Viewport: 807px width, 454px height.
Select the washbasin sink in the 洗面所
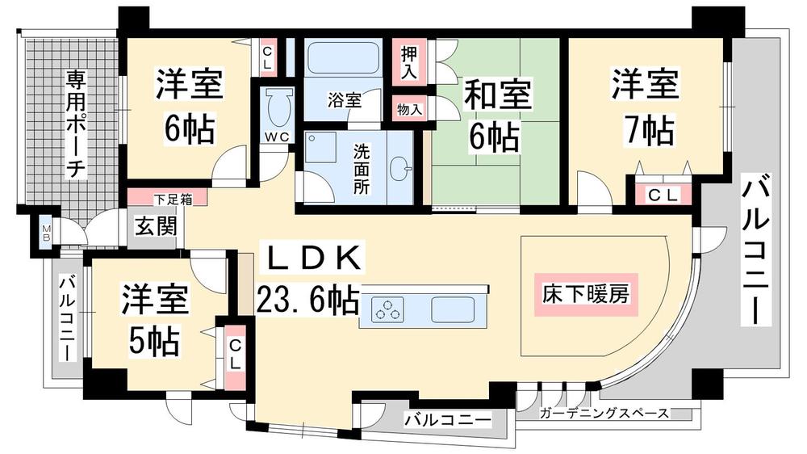399,169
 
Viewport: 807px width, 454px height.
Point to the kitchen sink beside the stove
455,310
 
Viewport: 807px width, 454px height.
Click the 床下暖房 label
586,294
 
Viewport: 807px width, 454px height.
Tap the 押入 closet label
409,61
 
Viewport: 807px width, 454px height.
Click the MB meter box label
46,234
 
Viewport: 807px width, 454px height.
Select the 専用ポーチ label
76,124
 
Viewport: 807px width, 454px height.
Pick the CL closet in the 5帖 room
234,355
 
